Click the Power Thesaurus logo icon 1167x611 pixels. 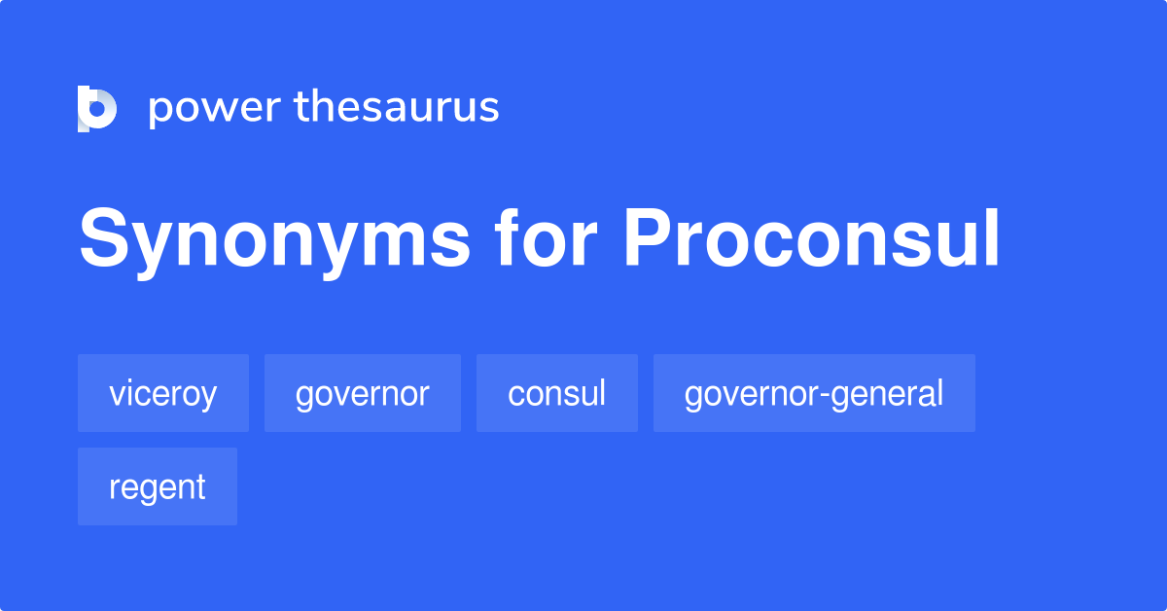point(97,107)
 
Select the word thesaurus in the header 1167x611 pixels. point(397,107)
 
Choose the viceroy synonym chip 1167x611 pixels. point(163,394)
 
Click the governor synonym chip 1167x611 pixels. point(363,394)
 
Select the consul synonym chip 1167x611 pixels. point(557,394)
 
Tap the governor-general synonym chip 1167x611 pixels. point(814,394)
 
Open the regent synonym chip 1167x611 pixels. point(158,487)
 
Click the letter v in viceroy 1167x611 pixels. point(117,396)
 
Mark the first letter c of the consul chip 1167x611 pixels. point(515,396)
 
